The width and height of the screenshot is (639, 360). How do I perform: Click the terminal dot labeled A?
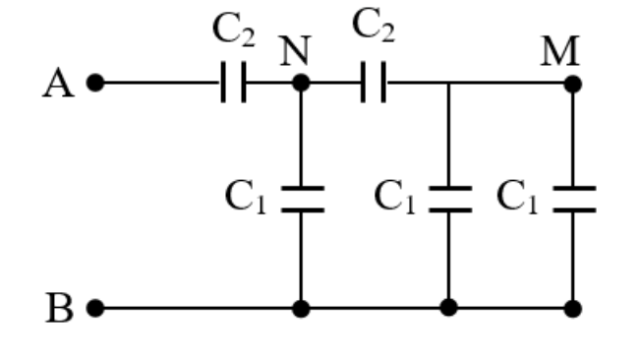click(x=95, y=83)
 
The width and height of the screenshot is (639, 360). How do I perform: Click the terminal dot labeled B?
click(x=95, y=308)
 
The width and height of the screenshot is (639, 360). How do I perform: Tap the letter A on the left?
click(x=59, y=84)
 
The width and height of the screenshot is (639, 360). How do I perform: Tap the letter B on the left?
click(x=60, y=308)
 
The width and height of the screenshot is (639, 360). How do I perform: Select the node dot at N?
click(x=301, y=83)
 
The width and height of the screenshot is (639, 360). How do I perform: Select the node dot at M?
click(x=573, y=84)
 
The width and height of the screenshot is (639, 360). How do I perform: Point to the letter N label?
click(x=296, y=51)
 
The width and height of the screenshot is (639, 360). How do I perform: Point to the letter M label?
click(x=560, y=51)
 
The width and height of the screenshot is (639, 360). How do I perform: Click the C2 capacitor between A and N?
click(x=234, y=83)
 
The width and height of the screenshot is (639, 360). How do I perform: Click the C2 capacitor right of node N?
click(x=374, y=83)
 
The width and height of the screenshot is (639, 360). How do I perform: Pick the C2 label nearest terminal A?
click(x=234, y=30)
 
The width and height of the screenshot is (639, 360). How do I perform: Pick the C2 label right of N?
click(x=374, y=26)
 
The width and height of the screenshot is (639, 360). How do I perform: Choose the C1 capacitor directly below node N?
click(x=303, y=200)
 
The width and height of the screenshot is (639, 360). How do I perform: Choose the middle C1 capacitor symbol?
click(x=450, y=200)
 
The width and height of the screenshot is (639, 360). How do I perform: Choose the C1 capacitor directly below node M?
click(x=575, y=200)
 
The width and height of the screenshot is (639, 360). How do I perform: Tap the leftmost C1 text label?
click(x=246, y=197)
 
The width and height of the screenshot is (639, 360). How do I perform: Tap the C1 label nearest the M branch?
click(x=517, y=197)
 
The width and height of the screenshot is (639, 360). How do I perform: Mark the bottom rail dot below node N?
click(x=301, y=308)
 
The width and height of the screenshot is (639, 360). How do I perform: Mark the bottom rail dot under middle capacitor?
click(x=448, y=308)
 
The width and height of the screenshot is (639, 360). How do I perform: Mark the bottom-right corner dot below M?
click(x=573, y=309)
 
